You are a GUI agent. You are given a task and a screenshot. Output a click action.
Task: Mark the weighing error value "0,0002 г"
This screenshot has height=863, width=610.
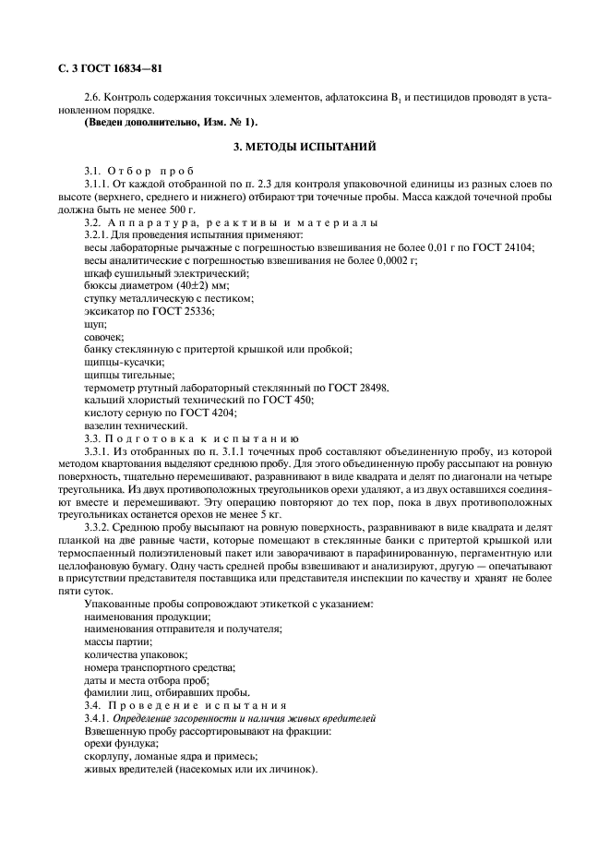click(388, 260)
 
